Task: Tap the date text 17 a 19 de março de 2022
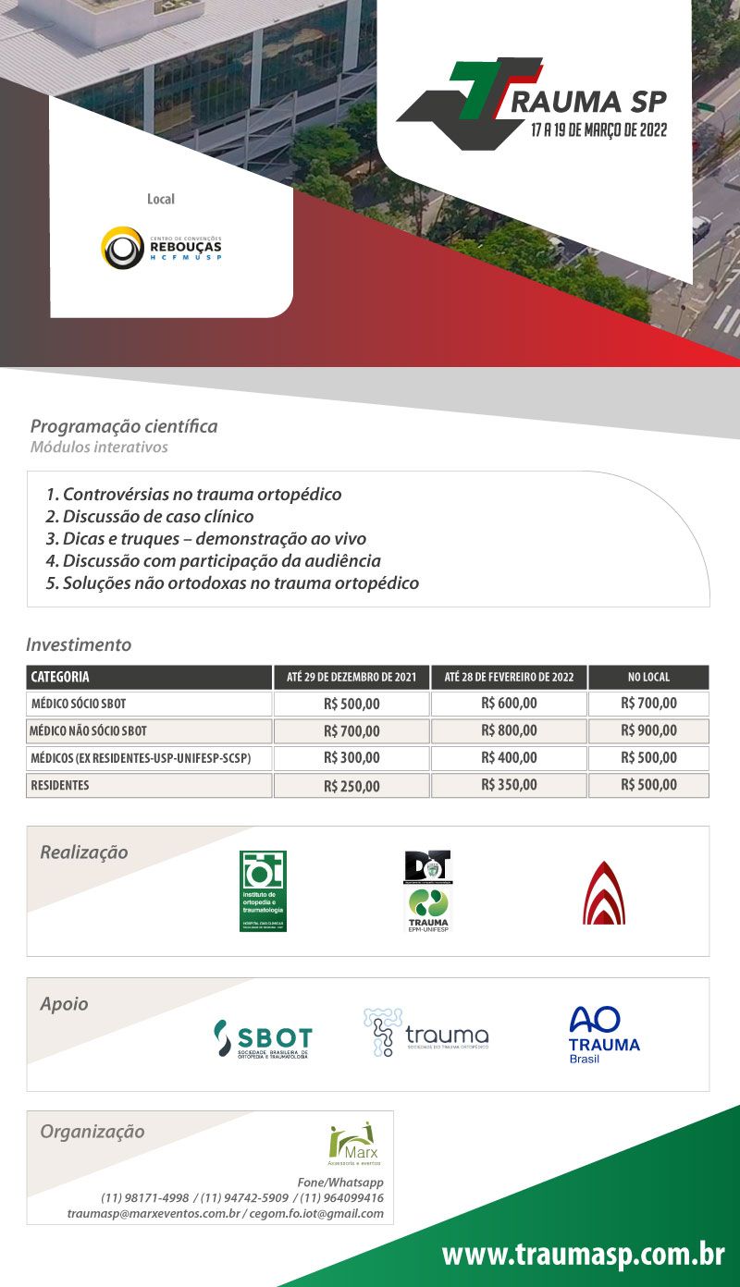click(x=598, y=129)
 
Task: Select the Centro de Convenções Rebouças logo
click(x=161, y=247)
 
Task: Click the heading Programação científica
click(x=124, y=426)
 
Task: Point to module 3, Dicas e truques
click(x=205, y=539)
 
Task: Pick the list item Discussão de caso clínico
click(x=149, y=517)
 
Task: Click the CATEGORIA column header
click(x=60, y=677)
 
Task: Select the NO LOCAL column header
click(x=648, y=677)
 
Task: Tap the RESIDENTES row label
click(x=60, y=786)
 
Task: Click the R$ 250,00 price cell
click(x=351, y=786)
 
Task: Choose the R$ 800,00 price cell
click(x=509, y=730)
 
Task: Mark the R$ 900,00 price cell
click(x=648, y=730)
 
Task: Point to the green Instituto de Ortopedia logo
click(x=263, y=890)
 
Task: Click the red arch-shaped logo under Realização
click(x=603, y=892)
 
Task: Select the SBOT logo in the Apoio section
click(x=263, y=1039)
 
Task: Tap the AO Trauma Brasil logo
click(x=604, y=1034)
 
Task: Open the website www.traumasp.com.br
click(x=583, y=1255)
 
